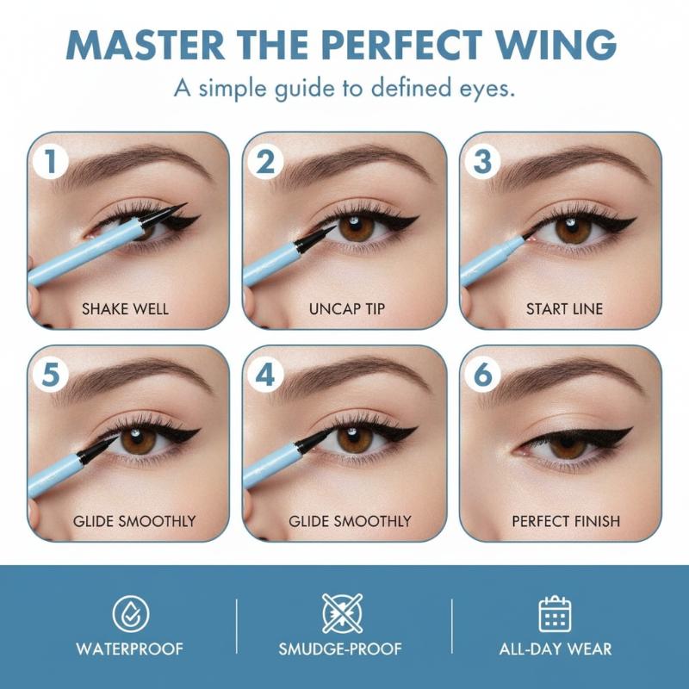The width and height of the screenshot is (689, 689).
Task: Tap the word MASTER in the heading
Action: (145, 45)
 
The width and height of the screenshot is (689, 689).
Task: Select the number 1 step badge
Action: (51, 161)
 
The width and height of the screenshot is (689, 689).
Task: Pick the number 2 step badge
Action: (265, 161)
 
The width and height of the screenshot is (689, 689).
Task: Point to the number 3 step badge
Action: (482, 161)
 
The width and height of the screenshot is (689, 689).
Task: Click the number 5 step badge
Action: (51, 375)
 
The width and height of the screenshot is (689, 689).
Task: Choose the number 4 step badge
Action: (265, 375)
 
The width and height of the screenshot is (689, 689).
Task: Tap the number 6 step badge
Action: (482, 375)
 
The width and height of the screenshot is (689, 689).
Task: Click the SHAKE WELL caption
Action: (125, 309)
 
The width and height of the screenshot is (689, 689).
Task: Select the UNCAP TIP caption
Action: (347, 309)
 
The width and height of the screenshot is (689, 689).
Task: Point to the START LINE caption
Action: (564, 309)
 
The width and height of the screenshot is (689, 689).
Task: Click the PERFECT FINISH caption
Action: (566, 521)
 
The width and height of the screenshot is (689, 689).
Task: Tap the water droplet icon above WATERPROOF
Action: (131, 614)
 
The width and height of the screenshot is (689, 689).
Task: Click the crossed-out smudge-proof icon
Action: (342, 613)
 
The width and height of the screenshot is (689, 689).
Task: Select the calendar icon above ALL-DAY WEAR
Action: (555, 614)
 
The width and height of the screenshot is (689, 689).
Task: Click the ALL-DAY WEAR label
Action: (556, 649)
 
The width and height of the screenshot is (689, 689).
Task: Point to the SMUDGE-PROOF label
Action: (340, 649)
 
